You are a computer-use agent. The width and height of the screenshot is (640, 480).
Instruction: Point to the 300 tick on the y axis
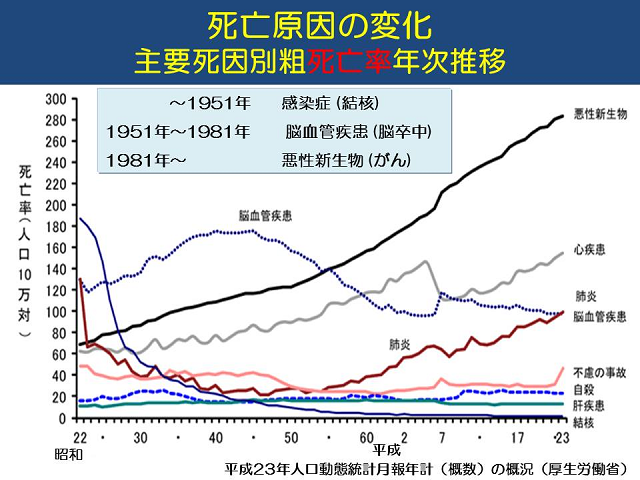point(55,99)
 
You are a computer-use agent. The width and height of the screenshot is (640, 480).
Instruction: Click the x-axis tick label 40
point(216,438)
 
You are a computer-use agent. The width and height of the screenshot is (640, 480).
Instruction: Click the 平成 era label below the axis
point(384,451)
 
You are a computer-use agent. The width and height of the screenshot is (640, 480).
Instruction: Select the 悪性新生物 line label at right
point(600,114)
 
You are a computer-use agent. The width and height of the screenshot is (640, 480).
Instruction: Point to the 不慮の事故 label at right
point(600,372)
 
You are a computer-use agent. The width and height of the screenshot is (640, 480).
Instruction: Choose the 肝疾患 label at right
point(590,406)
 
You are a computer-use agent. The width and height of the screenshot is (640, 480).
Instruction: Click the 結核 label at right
point(585,422)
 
